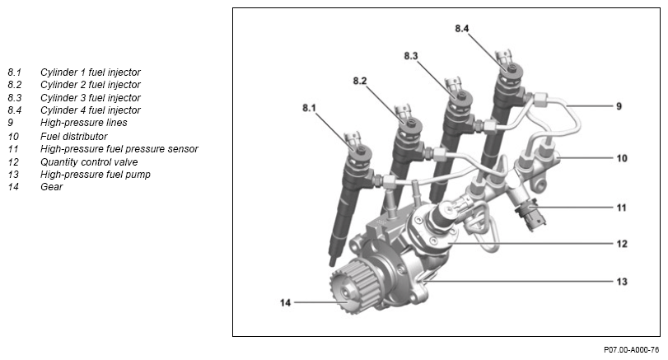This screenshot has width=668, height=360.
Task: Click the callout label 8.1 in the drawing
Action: click(x=309, y=108)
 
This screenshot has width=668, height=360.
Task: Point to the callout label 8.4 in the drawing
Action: click(x=462, y=29)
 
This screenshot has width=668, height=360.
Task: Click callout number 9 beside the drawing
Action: click(x=618, y=106)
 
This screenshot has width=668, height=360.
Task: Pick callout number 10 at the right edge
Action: click(x=621, y=157)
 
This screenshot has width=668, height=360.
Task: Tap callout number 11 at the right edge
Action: click(x=621, y=208)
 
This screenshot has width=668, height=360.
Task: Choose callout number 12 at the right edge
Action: click(x=621, y=244)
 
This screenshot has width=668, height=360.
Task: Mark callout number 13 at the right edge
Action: click(x=621, y=281)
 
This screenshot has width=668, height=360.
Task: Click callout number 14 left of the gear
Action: click(x=285, y=302)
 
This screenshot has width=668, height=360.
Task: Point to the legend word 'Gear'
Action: click(x=51, y=187)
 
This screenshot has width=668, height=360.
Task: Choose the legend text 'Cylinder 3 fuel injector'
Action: click(x=91, y=97)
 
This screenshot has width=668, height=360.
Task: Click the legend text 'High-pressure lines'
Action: click(x=84, y=123)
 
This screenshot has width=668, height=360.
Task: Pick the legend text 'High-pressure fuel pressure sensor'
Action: click(x=119, y=148)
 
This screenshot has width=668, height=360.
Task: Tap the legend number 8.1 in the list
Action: click(x=15, y=72)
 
